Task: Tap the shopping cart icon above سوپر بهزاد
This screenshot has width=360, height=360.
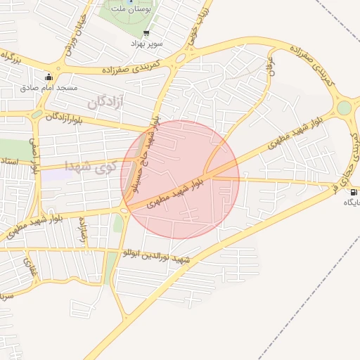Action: tap(146, 32)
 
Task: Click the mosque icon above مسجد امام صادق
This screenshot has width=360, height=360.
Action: tap(48, 77)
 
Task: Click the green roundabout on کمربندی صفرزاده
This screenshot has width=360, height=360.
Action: tap(344, 108)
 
